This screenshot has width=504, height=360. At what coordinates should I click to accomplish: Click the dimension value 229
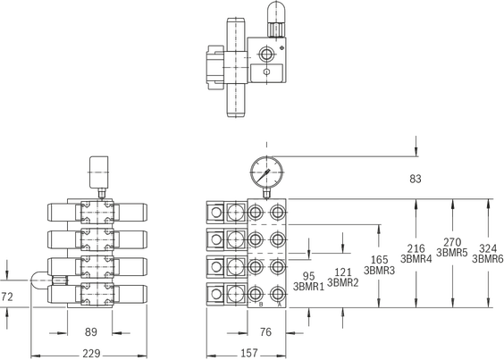(x=91, y=354)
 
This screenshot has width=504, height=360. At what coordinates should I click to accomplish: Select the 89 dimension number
(x=91, y=332)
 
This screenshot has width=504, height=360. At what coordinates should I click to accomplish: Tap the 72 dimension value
(x=7, y=297)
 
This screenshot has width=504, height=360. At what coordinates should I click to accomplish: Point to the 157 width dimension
(x=249, y=353)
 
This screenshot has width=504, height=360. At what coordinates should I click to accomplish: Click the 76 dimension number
(x=265, y=332)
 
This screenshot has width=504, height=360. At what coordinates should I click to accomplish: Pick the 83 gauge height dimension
(x=416, y=179)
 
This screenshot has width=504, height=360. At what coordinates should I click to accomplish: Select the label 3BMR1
(x=308, y=287)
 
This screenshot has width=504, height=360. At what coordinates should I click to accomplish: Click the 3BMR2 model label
(x=342, y=282)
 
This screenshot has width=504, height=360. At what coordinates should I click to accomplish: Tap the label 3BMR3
(x=379, y=271)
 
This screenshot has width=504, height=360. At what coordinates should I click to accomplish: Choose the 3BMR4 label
(x=416, y=259)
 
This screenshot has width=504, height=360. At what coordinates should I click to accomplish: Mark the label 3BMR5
(x=452, y=253)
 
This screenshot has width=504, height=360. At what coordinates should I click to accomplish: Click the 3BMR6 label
(x=488, y=259)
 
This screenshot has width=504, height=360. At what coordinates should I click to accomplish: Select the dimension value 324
(x=488, y=248)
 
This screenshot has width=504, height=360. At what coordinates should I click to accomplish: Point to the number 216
(x=416, y=248)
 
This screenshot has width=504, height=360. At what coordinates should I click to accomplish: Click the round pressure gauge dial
(x=267, y=172)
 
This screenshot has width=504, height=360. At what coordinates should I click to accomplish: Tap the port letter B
(x=261, y=304)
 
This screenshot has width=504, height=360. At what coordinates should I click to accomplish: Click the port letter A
(x=280, y=304)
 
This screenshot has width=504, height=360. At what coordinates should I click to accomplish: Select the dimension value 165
(x=379, y=260)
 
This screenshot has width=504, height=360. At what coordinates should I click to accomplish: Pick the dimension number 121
(x=343, y=272)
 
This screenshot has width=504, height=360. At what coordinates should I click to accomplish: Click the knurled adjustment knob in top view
(x=275, y=29)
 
